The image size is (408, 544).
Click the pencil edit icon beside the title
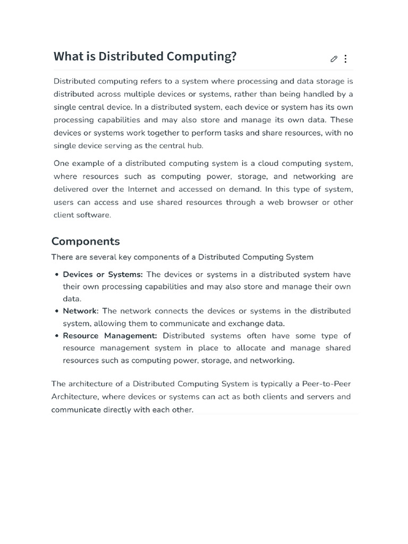[x=334, y=59]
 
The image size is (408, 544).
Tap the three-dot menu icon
[x=346, y=59]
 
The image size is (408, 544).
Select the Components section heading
[x=86, y=241]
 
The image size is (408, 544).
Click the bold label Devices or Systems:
[x=103, y=275]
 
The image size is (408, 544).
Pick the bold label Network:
[x=80, y=311]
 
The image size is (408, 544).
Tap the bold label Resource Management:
[x=110, y=336]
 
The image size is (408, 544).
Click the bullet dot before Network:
[x=56, y=311]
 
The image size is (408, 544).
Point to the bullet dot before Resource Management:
[x=56, y=336]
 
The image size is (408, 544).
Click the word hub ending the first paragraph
[x=195, y=146]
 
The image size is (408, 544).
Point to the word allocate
[x=250, y=348]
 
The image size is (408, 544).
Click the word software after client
[x=93, y=215]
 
